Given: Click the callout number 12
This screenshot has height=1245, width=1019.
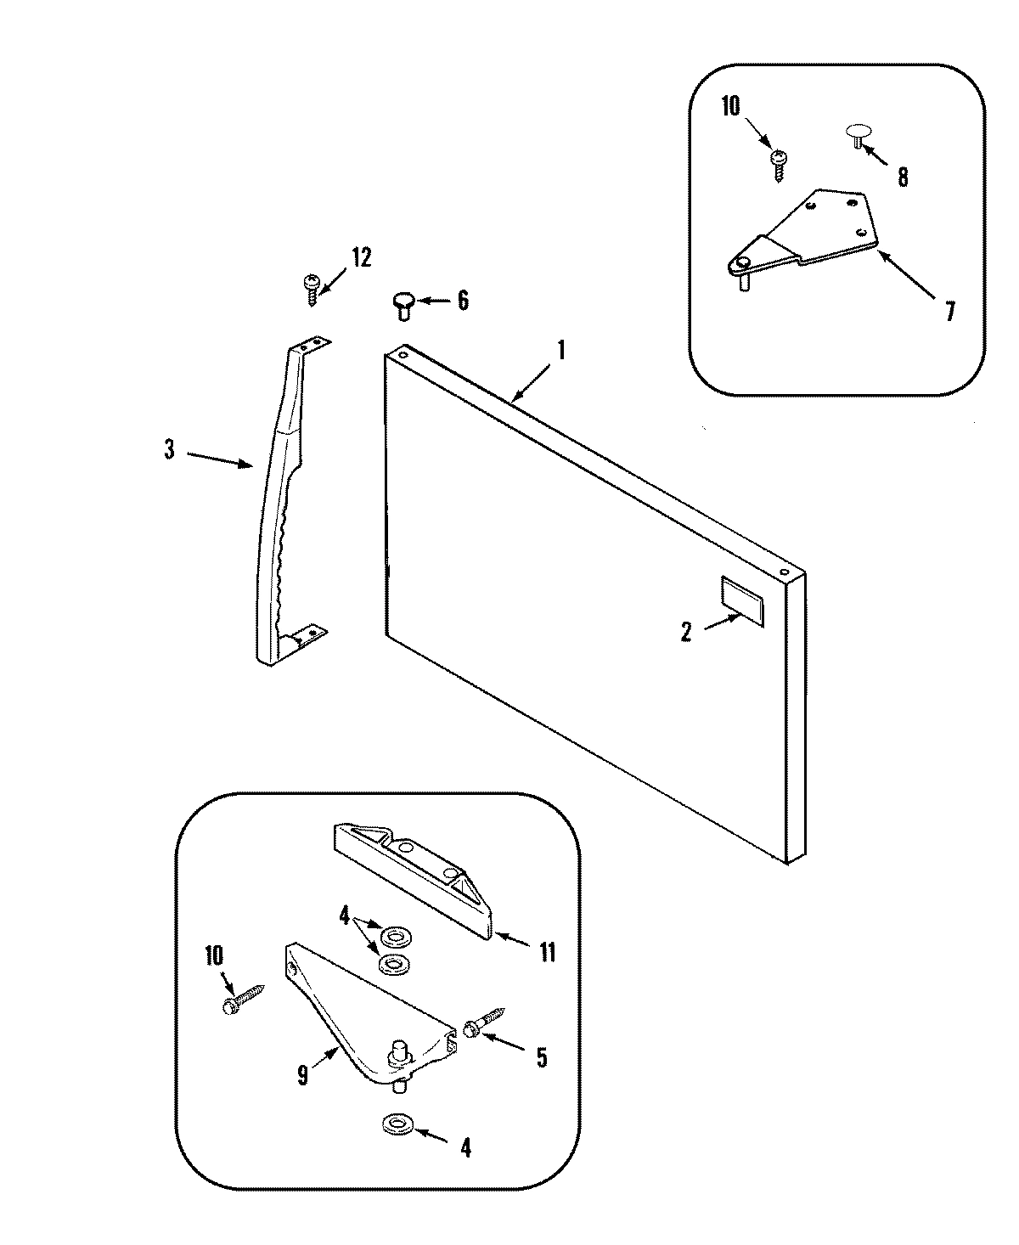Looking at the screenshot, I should click(361, 258).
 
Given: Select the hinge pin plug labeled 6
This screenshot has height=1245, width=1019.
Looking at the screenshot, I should click(403, 303).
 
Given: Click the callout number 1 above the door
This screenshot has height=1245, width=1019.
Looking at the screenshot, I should click(560, 350).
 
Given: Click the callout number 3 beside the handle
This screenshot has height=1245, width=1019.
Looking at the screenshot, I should click(169, 451).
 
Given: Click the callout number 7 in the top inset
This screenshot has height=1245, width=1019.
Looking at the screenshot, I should click(949, 312).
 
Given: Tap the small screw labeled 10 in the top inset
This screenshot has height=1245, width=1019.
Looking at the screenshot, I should click(778, 162).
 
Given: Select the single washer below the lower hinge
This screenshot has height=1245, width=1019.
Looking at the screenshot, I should click(396, 1126).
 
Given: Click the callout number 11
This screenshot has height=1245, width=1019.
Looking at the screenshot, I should click(547, 953).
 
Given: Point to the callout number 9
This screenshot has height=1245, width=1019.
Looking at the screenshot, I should click(303, 1075).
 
